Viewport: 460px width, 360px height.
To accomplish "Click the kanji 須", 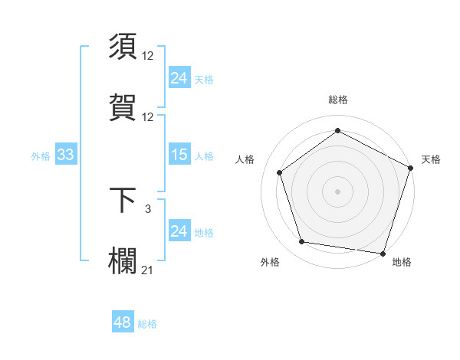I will point(123,47).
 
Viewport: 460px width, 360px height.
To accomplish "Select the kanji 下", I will point(123,200).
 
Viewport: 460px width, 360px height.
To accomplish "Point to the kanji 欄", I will point(123,258).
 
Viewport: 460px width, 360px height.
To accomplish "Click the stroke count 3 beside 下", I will point(148,208).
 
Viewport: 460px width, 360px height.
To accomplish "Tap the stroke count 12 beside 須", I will point(148,56).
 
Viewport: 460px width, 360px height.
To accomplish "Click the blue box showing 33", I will point(65,155).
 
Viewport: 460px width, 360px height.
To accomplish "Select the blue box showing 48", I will point(123,322).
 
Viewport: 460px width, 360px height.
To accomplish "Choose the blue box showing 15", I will point(179,155).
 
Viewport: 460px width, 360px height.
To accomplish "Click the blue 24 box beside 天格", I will point(179,77).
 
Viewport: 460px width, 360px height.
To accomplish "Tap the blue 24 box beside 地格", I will point(179,231).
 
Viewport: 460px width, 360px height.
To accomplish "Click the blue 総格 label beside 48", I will point(147,324).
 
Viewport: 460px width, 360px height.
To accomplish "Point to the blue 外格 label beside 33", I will point(41,156).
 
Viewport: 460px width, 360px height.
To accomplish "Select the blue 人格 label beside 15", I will point(204,156).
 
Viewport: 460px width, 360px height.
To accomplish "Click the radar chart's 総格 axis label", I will point(337,100).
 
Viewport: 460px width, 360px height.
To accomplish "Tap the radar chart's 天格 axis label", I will point(431,159).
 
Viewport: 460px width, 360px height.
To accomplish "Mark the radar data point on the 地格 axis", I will point(383,253).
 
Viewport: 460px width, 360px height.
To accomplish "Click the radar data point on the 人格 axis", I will point(280,172).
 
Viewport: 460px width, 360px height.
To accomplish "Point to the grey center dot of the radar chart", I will point(337,191).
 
